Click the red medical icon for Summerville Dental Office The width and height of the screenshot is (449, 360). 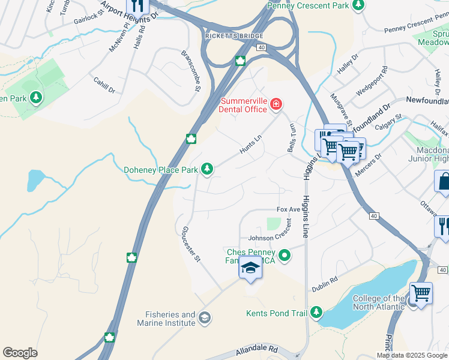[x=276, y=105]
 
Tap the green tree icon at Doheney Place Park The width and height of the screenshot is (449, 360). [x=207, y=170]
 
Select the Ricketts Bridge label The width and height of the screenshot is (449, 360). [x=227, y=36]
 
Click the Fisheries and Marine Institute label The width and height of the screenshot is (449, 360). [x=170, y=319]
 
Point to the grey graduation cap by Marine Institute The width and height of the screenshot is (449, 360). [x=205, y=317]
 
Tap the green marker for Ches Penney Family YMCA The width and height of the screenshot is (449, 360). [x=285, y=256]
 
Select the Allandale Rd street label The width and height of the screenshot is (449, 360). [x=258, y=348]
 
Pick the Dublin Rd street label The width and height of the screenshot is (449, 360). [x=325, y=284]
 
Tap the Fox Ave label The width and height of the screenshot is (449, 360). [x=288, y=210]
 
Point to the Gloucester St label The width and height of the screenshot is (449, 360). [x=190, y=245]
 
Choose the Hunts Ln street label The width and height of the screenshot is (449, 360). [x=251, y=145]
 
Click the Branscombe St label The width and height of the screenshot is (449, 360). [x=190, y=71]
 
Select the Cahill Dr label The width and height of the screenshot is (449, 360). [x=104, y=85]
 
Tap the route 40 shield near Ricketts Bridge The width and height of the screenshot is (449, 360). [x=260, y=46]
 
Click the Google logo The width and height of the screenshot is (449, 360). [x=20, y=353]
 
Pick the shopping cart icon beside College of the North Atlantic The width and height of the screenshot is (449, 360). [x=421, y=293]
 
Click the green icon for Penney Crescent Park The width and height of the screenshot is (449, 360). [x=358, y=5]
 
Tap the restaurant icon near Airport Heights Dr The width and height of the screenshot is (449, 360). [x=137, y=6]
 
